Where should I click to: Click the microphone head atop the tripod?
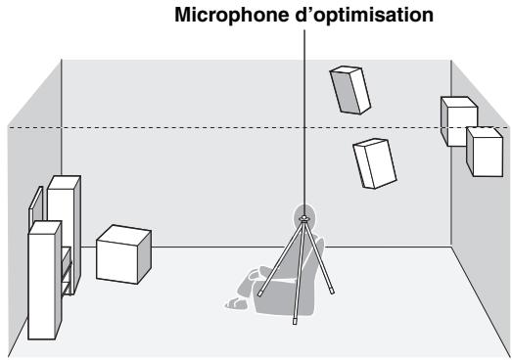(x=305, y=217)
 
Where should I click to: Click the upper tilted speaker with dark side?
(x=349, y=90)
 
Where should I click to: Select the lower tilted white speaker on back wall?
(x=374, y=161)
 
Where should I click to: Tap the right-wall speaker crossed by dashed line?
(x=457, y=121)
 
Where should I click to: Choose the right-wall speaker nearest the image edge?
(x=484, y=152)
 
